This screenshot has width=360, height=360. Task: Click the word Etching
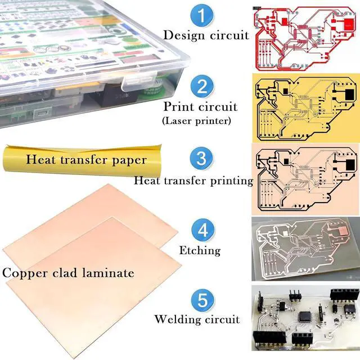click(200, 250)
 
